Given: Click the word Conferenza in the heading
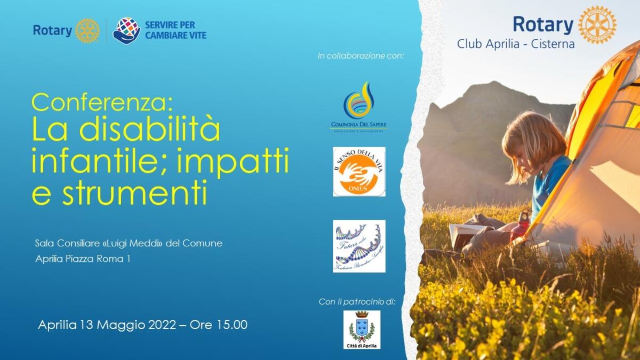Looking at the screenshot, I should pos(102,101).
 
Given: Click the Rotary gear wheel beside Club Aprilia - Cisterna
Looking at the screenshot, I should pos(597,25).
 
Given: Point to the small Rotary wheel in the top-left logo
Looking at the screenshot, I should pos(87,30).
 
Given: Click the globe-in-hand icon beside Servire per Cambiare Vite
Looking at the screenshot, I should pos(126,30).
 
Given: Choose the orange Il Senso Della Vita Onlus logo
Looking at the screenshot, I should pos(359,172).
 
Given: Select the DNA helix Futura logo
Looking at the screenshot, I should pos(359,246).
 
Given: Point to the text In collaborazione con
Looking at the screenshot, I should pos(361,55).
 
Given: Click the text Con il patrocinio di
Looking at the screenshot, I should pos(357,302).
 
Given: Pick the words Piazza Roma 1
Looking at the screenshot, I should pos(106,259).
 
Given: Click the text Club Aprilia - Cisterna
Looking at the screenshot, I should pos(515,44).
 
